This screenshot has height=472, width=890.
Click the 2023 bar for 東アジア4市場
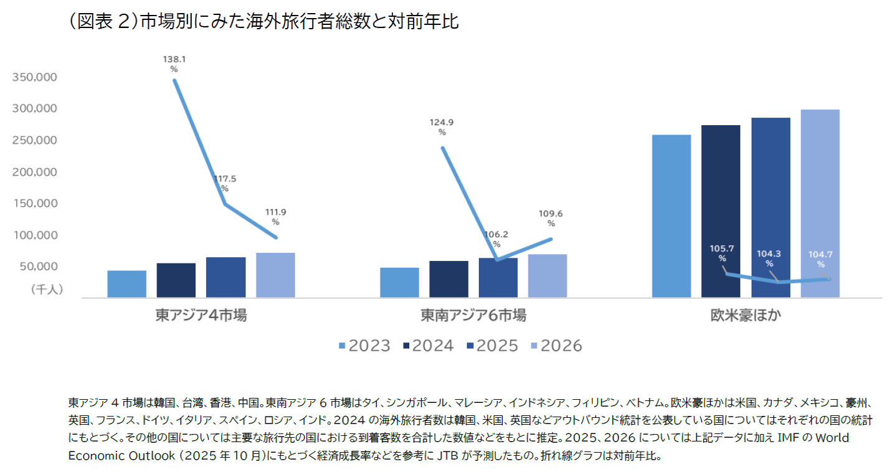point(126,284)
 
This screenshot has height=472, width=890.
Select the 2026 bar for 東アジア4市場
point(275,275)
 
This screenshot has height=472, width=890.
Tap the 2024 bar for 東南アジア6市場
point(448,279)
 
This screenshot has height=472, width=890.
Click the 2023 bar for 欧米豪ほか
point(671,216)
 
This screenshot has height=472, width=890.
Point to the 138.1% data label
point(174,64)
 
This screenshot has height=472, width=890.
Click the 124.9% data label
point(442,127)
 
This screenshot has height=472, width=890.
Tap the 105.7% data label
point(722,253)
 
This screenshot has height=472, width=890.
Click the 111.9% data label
point(275,216)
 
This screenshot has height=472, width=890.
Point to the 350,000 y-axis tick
point(35,77)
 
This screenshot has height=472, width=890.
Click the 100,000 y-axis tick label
point(35,235)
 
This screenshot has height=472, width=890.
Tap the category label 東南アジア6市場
point(473,316)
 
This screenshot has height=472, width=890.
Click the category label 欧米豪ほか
point(746,316)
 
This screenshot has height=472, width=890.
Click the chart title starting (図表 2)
point(262,23)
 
